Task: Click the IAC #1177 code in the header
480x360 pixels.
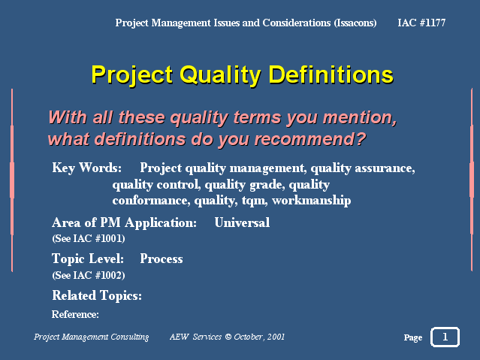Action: [x=421, y=23]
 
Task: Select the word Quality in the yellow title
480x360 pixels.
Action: [x=220, y=75]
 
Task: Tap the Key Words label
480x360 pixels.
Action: [x=87, y=168]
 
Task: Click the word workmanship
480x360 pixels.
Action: [x=311, y=200]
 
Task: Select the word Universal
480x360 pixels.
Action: [x=242, y=222]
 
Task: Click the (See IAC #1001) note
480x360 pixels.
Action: [x=89, y=238]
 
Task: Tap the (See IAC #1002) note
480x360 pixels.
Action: [x=89, y=275]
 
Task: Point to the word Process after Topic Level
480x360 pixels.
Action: [x=162, y=259]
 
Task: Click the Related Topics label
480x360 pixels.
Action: [x=97, y=295]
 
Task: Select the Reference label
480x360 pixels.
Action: [x=75, y=314]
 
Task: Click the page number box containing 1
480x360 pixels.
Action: [x=445, y=337]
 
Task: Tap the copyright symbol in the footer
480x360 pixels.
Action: [x=228, y=337]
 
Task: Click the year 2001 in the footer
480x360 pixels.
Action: [x=276, y=337]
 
